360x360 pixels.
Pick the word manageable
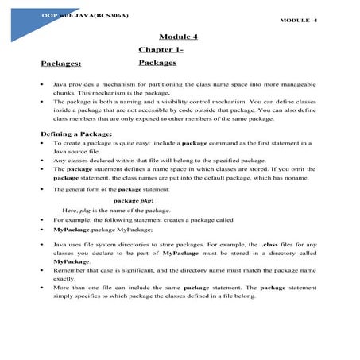[300, 83]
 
